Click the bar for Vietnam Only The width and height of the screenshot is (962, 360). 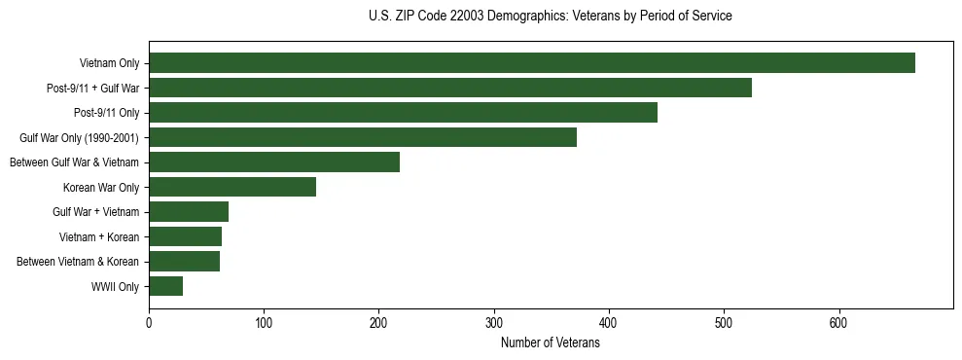(532, 63)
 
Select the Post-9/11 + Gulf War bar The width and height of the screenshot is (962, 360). (450, 88)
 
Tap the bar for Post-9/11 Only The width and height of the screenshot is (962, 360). (403, 113)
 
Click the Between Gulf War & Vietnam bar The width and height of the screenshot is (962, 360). (274, 162)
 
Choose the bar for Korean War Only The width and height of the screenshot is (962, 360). (232, 187)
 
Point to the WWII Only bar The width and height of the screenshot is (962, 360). (166, 286)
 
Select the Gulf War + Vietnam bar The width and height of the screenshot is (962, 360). (189, 212)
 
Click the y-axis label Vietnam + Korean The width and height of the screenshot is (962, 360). (102, 236)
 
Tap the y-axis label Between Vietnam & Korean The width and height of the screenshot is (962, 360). (78, 262)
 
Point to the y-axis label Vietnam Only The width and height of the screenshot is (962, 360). (109, 63)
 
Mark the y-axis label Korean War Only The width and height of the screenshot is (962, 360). (101, 187)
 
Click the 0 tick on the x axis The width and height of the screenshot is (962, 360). (149, 323)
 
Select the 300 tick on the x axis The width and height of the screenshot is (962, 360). (494, 323)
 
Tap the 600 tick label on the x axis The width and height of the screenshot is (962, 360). (838, 323)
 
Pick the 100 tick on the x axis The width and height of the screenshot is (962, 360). (264, 323)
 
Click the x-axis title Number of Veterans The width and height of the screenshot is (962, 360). (550, 342)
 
